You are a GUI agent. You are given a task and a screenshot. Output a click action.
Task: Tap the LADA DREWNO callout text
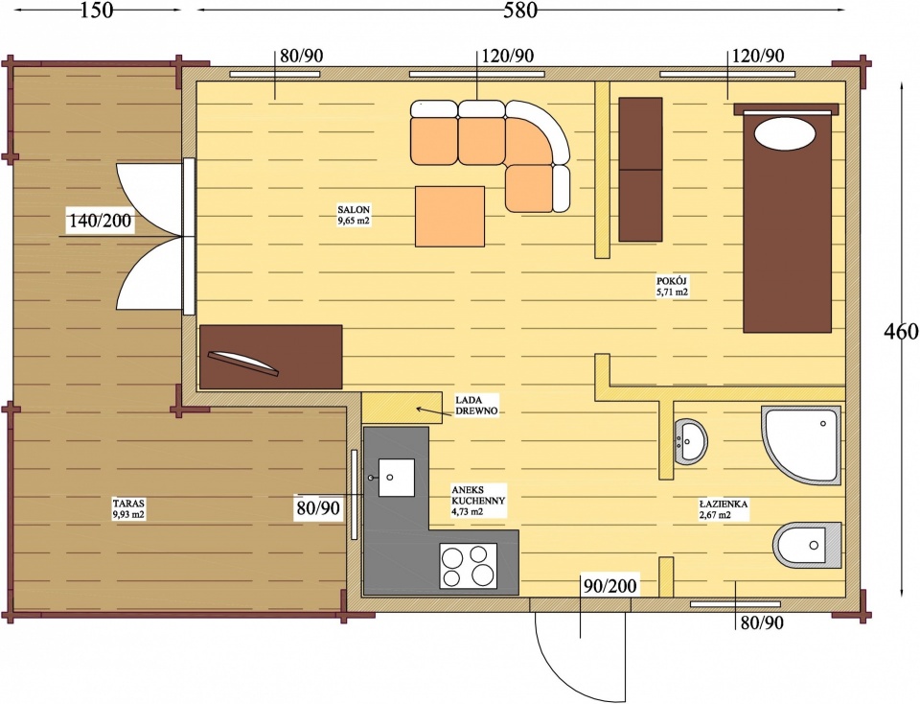476,405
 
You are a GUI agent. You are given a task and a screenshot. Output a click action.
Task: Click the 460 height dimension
900,332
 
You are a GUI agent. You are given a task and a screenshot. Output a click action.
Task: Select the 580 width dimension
520,10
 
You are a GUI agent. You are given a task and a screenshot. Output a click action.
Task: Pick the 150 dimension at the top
96,10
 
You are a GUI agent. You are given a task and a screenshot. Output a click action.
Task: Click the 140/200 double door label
101,222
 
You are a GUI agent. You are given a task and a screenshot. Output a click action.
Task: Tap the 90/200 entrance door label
609,585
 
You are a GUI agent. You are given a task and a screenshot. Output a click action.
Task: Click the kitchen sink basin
397,478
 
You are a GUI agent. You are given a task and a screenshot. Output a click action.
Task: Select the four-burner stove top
469,566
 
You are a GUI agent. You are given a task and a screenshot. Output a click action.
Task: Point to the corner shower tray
801,444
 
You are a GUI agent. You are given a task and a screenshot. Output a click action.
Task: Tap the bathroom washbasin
691,441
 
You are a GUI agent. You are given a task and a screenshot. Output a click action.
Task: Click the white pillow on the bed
785,133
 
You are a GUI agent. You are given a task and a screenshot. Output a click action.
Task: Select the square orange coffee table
450,216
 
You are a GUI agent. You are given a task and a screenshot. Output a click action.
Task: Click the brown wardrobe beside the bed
641,169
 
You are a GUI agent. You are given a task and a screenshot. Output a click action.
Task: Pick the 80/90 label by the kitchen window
318,508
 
